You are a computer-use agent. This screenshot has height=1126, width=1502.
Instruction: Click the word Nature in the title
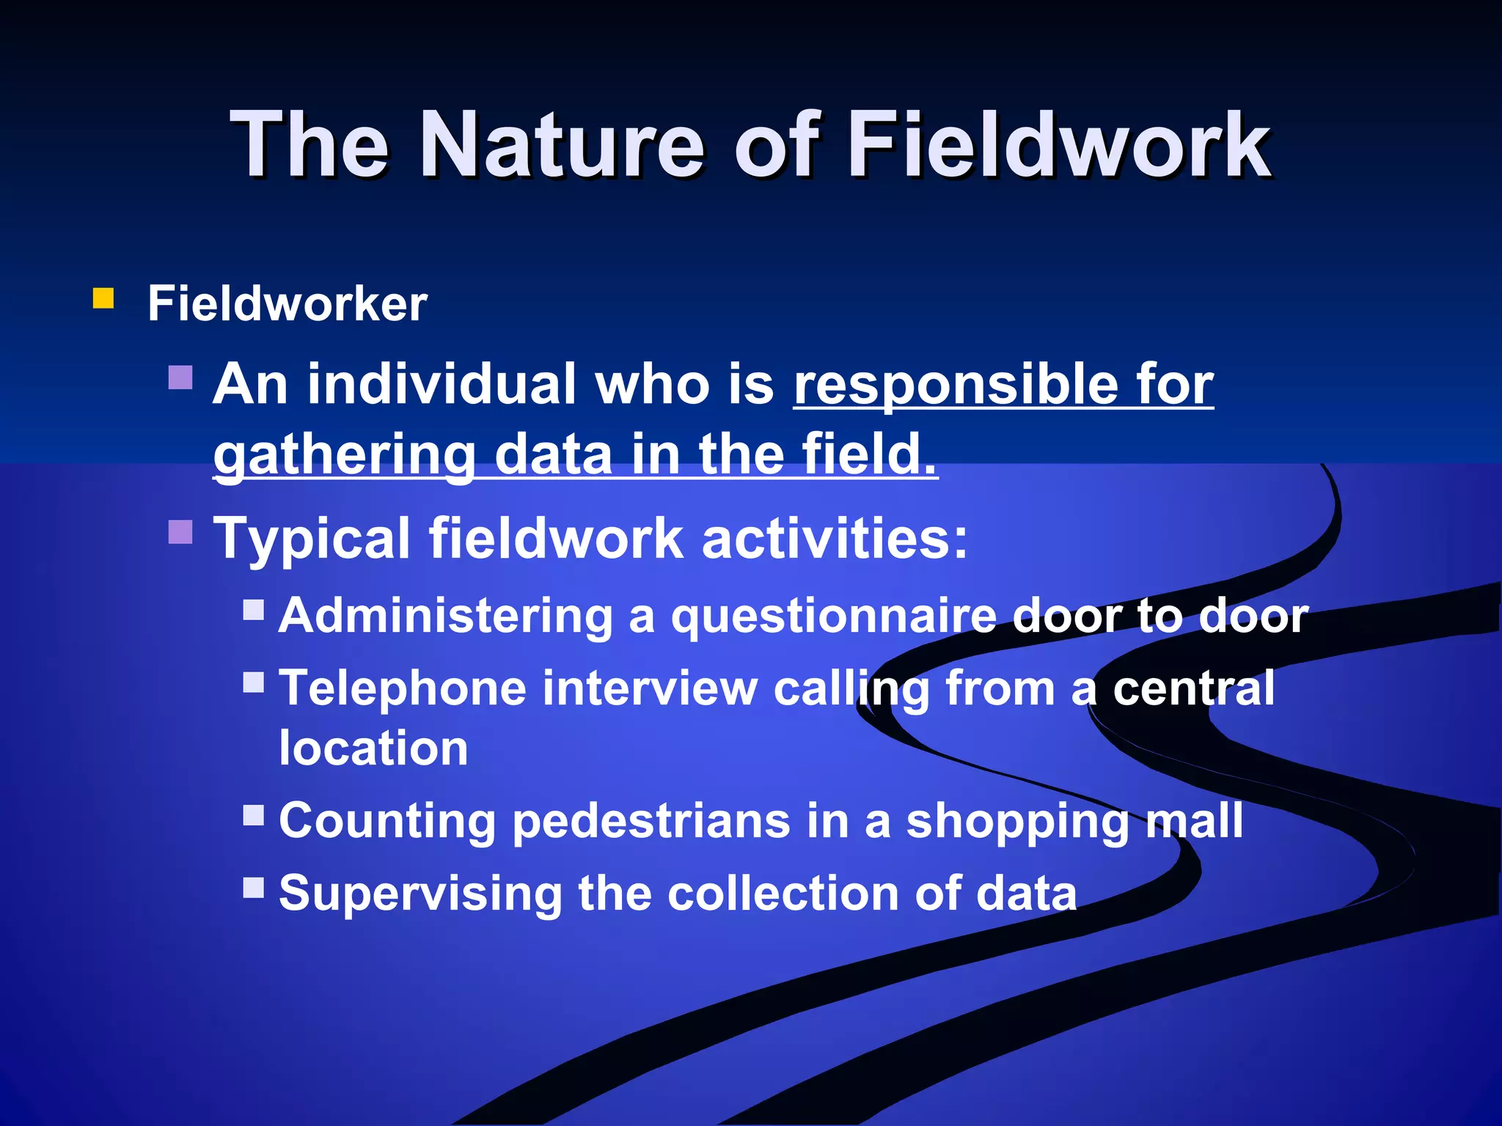coord(562,144)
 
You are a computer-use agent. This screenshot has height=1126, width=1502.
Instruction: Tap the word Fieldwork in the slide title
coord(1060,144)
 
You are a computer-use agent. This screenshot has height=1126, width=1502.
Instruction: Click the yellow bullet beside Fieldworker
coord(103,298)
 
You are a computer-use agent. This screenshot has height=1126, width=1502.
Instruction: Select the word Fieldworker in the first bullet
coord(287,303)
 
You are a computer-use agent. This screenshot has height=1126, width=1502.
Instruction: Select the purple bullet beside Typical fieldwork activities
coord(180,531)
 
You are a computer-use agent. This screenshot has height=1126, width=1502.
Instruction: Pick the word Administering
coord(445,615)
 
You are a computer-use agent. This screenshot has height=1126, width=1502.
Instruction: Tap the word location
coord(373,748)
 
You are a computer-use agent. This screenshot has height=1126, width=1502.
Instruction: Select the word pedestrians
coord(651,821)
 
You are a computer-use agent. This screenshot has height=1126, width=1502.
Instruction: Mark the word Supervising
coord(420,894)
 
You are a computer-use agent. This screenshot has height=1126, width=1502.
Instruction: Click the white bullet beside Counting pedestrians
coord(254,814)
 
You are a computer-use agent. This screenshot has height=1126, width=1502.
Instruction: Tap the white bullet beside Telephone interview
coord(254,682)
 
